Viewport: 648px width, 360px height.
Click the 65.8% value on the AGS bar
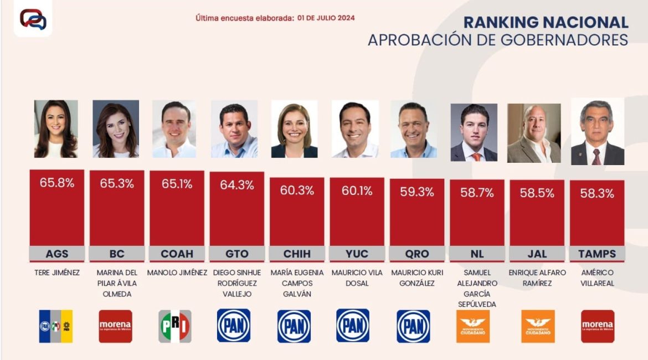pyautogui.click(x=57, y=182)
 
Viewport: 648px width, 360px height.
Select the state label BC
pyautogui.click(x=117, y=254)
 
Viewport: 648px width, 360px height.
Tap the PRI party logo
pyautogui.click(x=175, y=326)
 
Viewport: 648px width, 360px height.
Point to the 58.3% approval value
pyautogui.click(x=597, y=193)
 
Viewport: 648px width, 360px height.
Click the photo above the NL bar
pyautogui.click(x=474, y=132)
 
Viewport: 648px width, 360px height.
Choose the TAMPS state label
pyautogui.click(x=597, y=254)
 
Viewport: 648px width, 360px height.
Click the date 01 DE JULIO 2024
pyautogui.click(x=326, y=18)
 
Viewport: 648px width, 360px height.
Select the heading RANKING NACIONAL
pyautogui.click(x=546, y=22)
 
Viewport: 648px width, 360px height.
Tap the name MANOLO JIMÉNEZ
pyautogui.click(x=177, y=272)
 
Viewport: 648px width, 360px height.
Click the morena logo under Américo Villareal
pyautogui.click(x=598, y=326)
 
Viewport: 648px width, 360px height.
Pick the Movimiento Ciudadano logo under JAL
pyautogui.click(x=538, y=326)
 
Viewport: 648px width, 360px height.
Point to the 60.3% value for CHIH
pyautogui.click(x=297, y=191)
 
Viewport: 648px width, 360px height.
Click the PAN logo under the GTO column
pyautogui.click(x=233, y=326)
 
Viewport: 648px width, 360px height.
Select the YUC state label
pyautogui.click(x=357, y=254)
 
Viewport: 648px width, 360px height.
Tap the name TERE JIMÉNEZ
pyautogui.click(x=56, y=272)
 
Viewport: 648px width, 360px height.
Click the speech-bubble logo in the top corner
pyautogui.click(x=33, y=19)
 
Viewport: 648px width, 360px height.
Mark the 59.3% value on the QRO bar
pyautogui.click(x=416, y=192)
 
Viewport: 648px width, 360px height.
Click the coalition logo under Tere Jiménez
pyautogui.click(x=56, y=326)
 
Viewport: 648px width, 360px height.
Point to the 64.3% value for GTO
pyautogui.click(x=237, y=185)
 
